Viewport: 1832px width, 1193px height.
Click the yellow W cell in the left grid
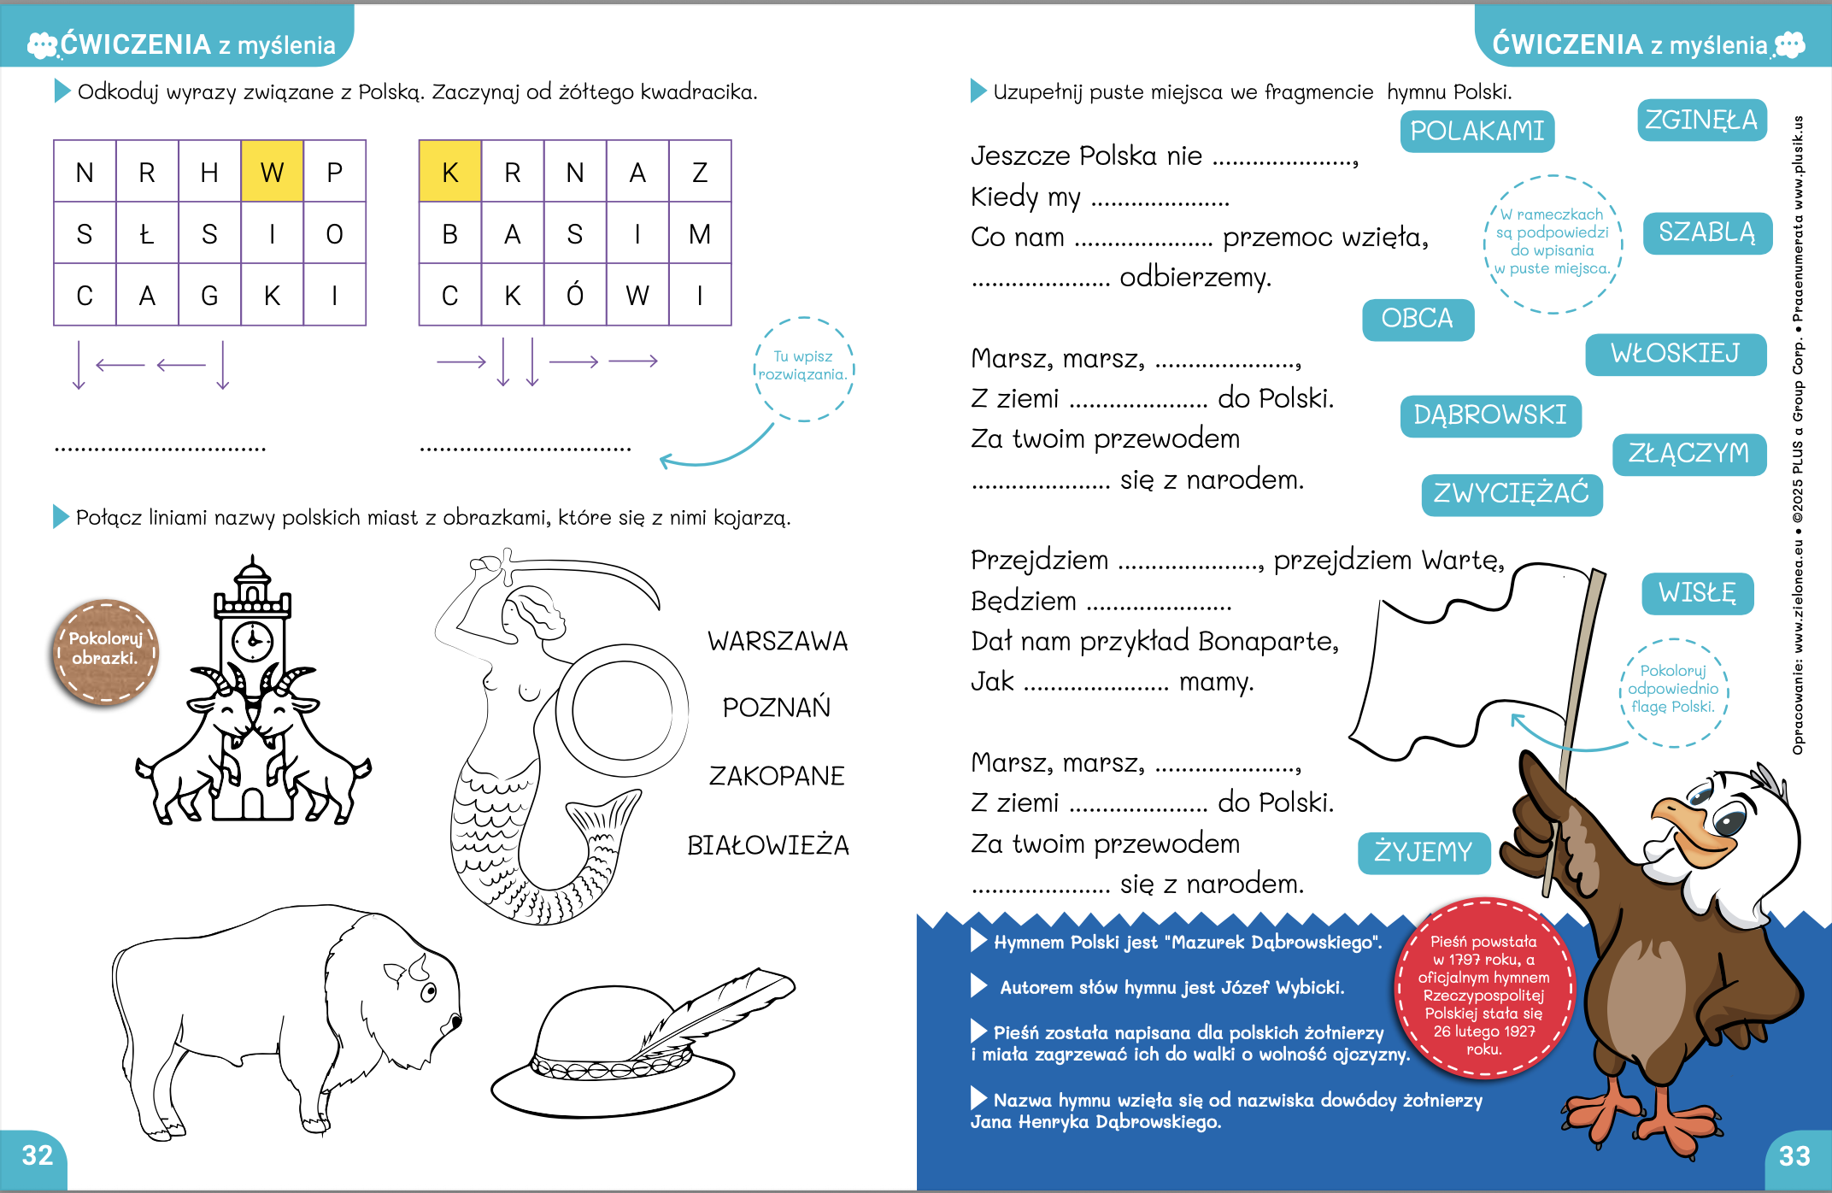[x=272, y=172]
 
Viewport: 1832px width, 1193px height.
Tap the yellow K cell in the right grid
[x=449, y=172]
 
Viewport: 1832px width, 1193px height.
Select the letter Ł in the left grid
[x=147, y=233]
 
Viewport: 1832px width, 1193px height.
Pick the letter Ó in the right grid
[x=575, y=296]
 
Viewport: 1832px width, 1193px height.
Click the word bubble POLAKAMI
[x=1477, y=132]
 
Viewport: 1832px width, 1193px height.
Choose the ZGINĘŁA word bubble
[x=1701, y=120]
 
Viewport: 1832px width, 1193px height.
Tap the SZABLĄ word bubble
[x=1706, y=232]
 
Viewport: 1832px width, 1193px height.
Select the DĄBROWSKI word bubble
[x=1490, y=415]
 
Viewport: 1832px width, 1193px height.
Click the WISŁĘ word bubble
[x=1697, y=593]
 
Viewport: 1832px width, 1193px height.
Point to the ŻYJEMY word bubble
[x=1424, y=852]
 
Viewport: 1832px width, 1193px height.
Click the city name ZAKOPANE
[x=777, y=776]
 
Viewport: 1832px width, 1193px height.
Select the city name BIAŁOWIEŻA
[x=768, y=845]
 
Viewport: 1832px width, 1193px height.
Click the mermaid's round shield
[x=622, y=709]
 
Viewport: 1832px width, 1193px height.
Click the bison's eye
[x=428, y=991]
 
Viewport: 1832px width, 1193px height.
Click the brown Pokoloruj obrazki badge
[x=105, y=651]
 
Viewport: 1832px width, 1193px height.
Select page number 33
[x=1794, y=1156]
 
